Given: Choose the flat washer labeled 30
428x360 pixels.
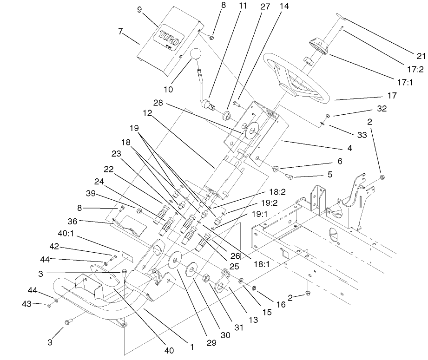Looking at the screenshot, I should coord(191,270).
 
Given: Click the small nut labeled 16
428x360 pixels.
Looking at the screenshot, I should coord(255,288).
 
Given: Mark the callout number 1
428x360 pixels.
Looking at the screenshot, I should coord(191,346).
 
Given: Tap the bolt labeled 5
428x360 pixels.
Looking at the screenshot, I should coord(289,176).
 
